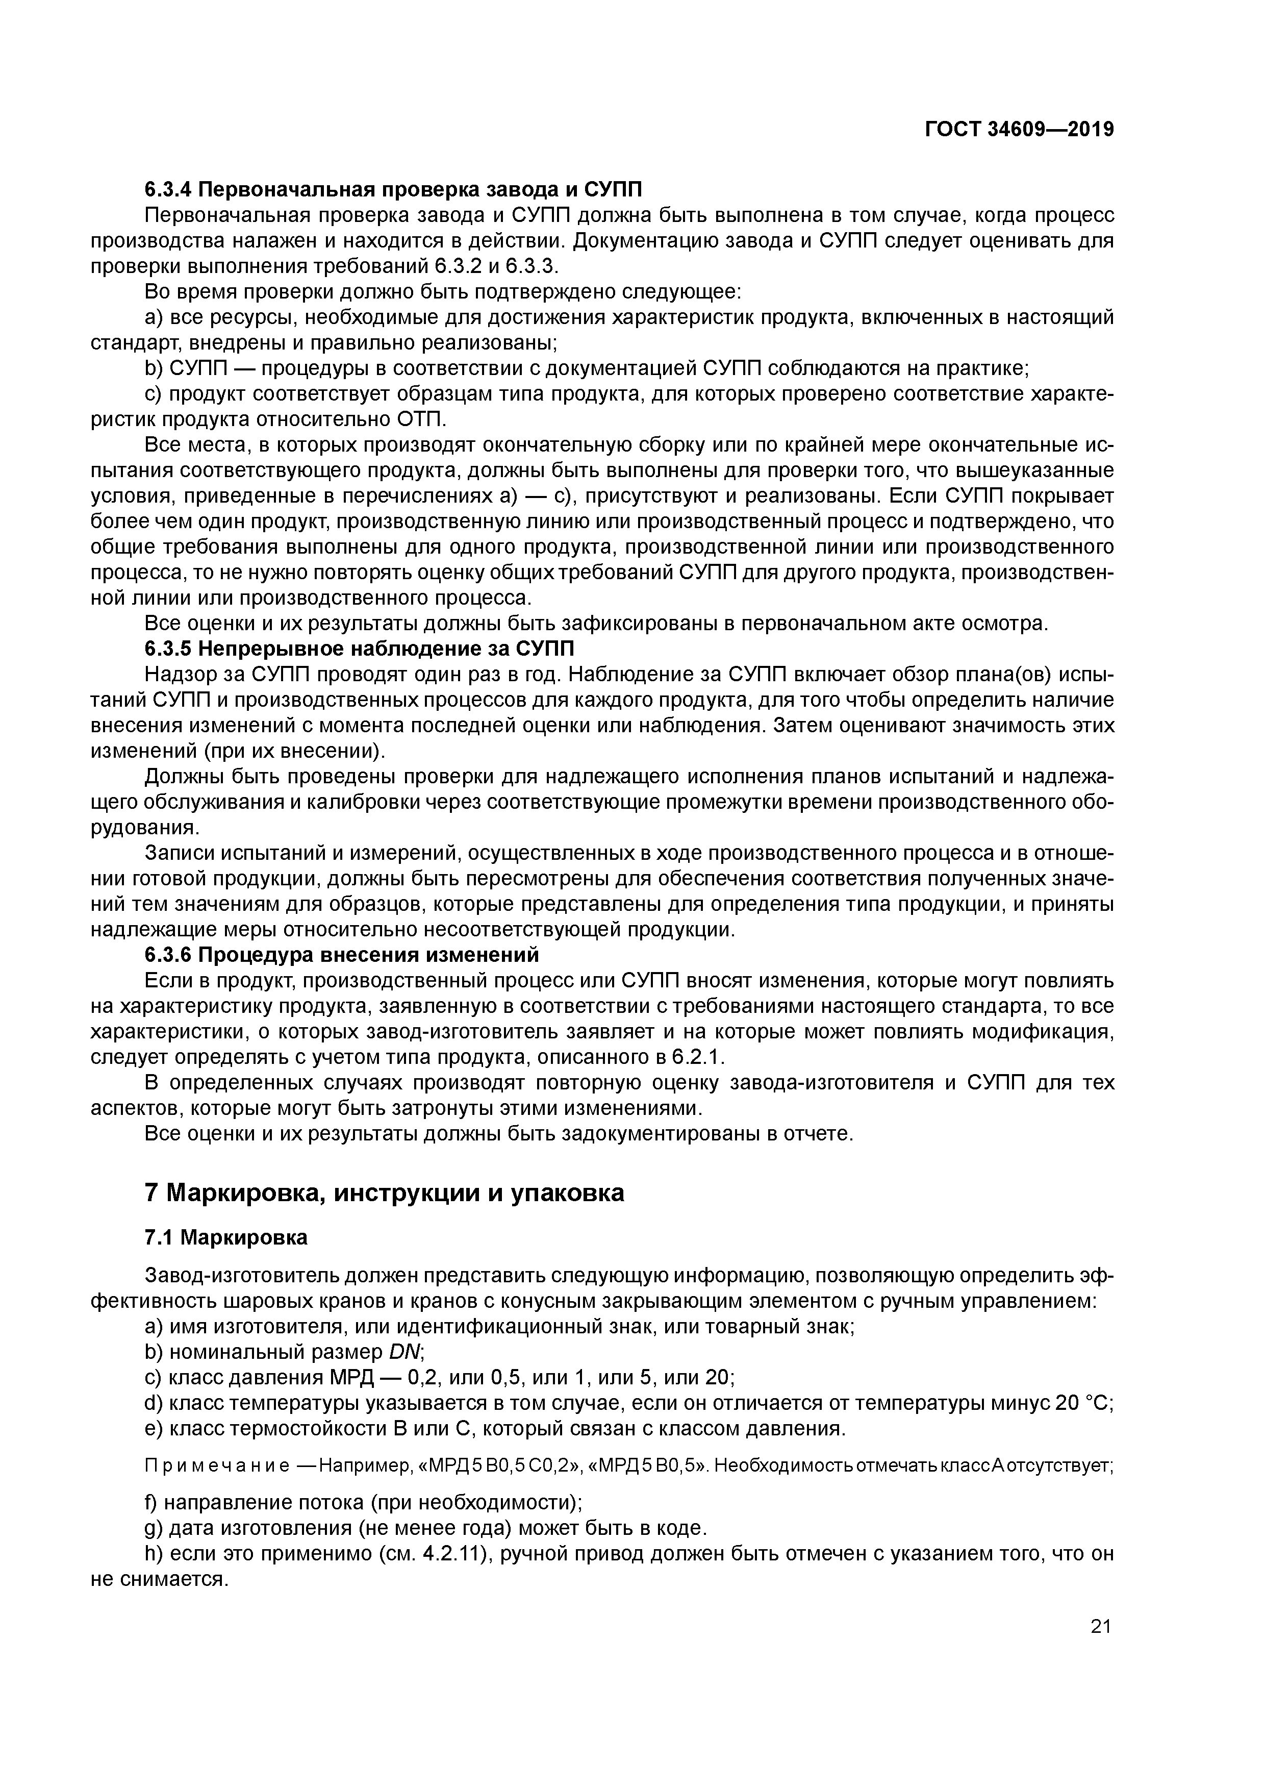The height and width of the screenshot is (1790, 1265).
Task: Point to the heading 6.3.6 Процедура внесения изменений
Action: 342,955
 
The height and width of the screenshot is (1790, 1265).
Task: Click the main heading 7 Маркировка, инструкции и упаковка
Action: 384,1193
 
